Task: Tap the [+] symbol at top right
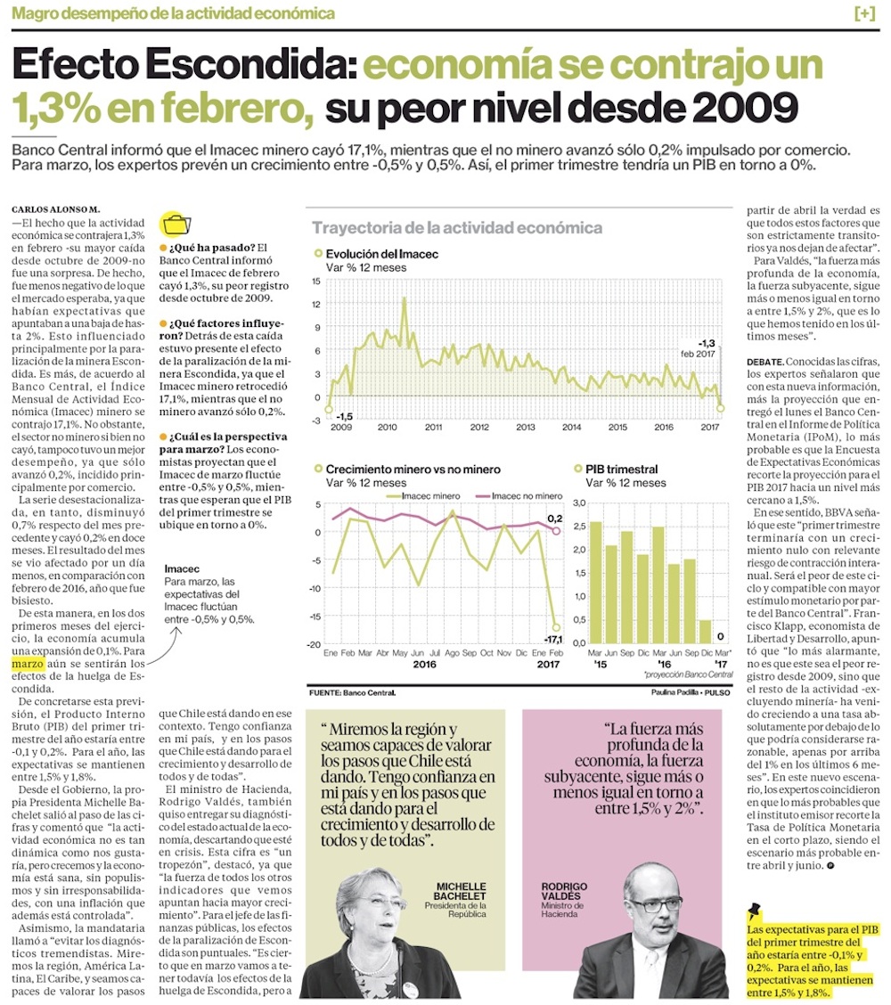pyautogui.click(x=865, y=13)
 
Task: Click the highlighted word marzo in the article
pyautogui.click(x=28, y=664)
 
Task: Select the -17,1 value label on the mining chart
pyautogui.click(x=553, y=640)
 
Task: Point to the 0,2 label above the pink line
pyautogui.click(x=554, y=519)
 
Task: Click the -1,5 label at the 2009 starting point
pyautogui.click(x=344, y=417)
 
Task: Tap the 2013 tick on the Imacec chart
pyautogui.click(x=526, y=427)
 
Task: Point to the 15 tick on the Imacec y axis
pyautogui.click(x=316, y=281)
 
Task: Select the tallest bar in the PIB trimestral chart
pyautogui.click(x=595, y=582)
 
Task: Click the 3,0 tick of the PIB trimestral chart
pyautogui.click(x=579, y=502)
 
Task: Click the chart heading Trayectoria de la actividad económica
pyautogui.click(x=457, y=227)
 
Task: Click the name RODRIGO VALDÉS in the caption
pyautogui.click(x=564, y=891)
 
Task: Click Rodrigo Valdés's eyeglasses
pyautogui.click(x=652, y=905)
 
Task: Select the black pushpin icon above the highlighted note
pyautogui.click(x=754, y=911)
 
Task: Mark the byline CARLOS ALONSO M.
pyautogui.click(x=56, y=209)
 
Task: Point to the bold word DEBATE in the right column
pyautogui.click(x=764, y=362)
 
